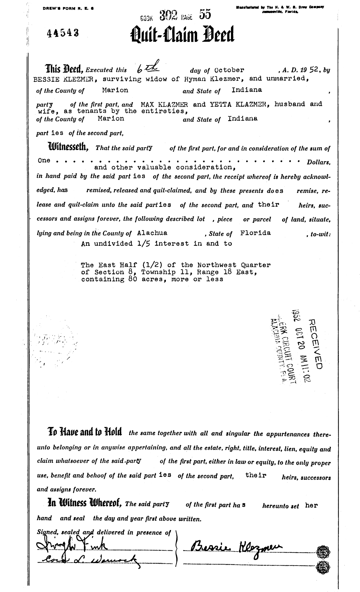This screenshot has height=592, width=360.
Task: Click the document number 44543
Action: pyautogui.click(x=63, y=34)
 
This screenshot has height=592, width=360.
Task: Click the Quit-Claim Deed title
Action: pyautogui.click(x=183, y=36)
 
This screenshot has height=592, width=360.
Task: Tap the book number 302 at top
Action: pyautogui.click(x=168, y=15)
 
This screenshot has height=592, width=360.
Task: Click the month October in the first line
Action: pyautogui.click(x=229, y=70)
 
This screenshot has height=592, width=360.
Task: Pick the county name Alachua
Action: pyautogui.click(x=152, y=233)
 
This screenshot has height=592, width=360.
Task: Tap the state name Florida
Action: pyautogui.click(x=256, y=233)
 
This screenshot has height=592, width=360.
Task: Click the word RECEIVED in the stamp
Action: pyautogui.click(x=315, y=344)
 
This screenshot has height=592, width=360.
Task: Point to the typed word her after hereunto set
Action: pyautogui.click(x=311, y=505)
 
